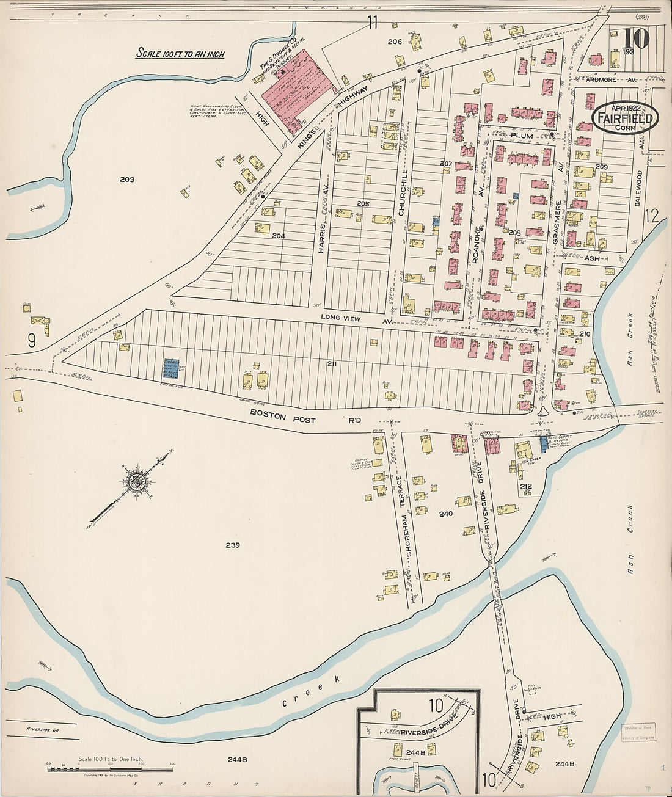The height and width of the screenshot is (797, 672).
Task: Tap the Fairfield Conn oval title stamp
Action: (x=625, y=118)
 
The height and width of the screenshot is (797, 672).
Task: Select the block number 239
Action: (x=232, y=545)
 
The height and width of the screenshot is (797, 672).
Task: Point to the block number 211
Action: (x=332, y=364)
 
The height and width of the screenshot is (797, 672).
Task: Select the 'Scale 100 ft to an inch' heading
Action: (x=180, y=54)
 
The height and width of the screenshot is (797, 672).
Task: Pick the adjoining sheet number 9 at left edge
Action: (x=32, y=341)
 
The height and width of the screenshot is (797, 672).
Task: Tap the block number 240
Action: (x=445, y=514)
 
